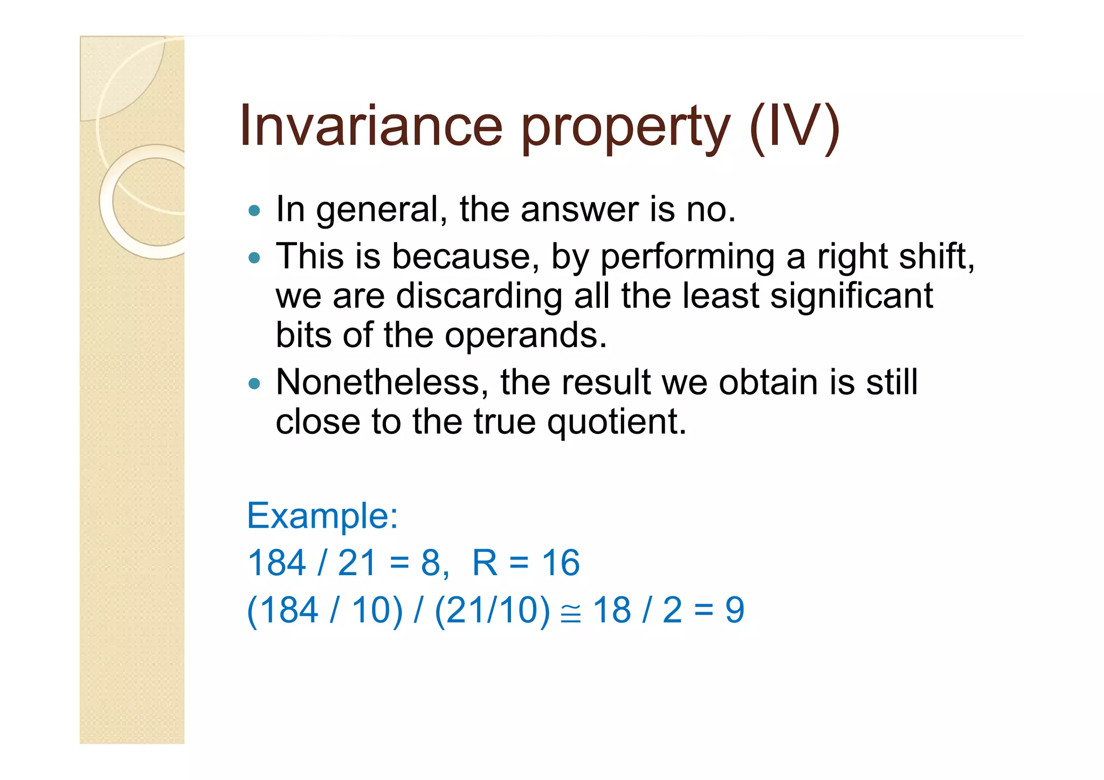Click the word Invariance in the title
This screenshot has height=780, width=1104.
[x=371, y=127]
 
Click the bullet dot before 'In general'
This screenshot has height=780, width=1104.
[x=254, y=210]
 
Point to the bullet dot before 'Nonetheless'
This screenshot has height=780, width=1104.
[x=254, y=384]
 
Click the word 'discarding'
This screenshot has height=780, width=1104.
[x=479, y=296]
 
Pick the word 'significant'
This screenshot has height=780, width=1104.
[x=851, y=296]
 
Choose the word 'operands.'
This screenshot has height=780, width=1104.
[x=525, y=336]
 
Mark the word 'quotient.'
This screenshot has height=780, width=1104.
[x=617, y=422]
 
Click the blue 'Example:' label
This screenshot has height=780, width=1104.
[x=322, y=515]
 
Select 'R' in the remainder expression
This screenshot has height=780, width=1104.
[x=485, y=563]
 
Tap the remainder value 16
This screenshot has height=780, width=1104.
[x=561, y=563]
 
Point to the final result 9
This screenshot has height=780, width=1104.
[x=735, y=610]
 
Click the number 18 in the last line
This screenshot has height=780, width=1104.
[x=612, y=610]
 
